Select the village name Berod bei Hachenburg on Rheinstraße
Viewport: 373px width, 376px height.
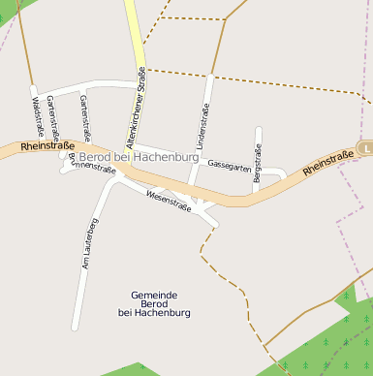pyautogui.click(x=132, y=156)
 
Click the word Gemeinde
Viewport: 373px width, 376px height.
pyautogui.click(x=154, y=294)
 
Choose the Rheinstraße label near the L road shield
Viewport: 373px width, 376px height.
pyautogui.click(x=328, y=162)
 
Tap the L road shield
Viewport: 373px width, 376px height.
pyautogui.click(x=366, y=147)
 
